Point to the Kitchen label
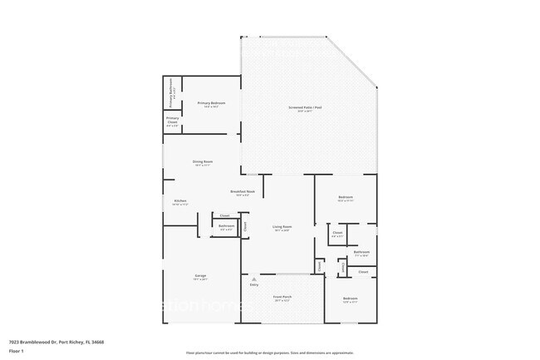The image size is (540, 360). pyautogui.click(x=179, y=201)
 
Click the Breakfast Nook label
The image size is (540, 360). pyautogui.click(x=243, y=192)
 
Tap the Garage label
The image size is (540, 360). pyautogui.click(x=201, y=275)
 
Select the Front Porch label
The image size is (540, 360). pyautogui.click(x=282, y=296)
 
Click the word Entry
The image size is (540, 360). pyautogui.click(x=254, y=285)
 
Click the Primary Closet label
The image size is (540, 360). pyautogui.click(x=172, y=120)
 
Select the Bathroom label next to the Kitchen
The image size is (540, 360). pyautogui.click(x=226, y=226)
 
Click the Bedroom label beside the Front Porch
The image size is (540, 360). pyautogui.click(x=351, y=298)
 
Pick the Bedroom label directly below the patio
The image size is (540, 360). pyautogui.click(x=346, y=198)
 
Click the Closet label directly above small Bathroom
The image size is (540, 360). pyautogui.click(x=224, y=215)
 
